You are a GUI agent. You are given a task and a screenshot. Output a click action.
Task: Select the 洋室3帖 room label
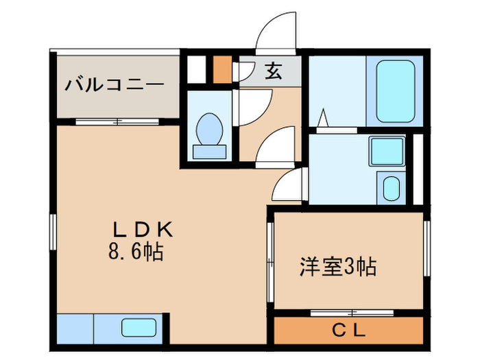tap(338, 266)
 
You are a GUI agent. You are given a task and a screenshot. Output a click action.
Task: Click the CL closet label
tap(349, 331)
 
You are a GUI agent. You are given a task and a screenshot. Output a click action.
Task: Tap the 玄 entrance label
tap(274, 71)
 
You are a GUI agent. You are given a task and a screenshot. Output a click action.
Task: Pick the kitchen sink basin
tap(140, 328)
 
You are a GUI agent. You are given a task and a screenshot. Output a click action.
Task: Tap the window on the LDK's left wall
tap(53, 237)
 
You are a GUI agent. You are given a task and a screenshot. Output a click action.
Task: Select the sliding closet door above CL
tap(349, 312)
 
